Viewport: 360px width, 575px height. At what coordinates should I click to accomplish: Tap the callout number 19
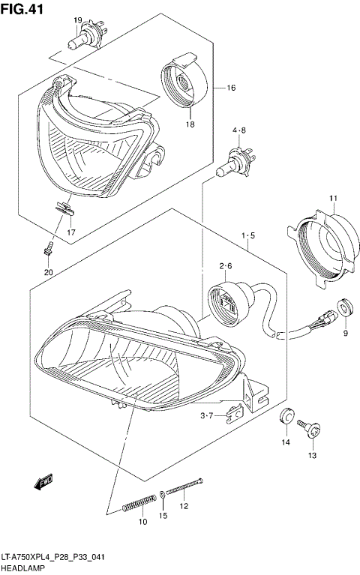tap(78, 20)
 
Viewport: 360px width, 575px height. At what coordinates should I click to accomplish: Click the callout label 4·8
tap(238, 130)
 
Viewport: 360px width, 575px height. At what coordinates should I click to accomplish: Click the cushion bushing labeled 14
tap(286, 416)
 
